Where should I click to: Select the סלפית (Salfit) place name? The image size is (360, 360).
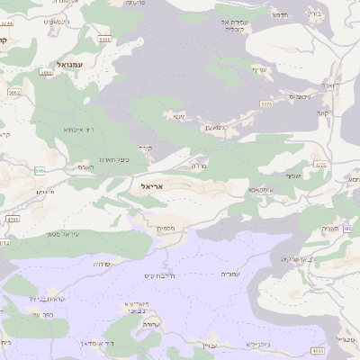click(165, 228)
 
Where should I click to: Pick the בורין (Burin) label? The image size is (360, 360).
click(338, 14)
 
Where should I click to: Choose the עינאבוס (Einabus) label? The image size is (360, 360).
click(301, 95)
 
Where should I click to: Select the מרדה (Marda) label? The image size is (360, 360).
click(200, 166)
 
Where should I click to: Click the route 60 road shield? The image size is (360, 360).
click(346, 229)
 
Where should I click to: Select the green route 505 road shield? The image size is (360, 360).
click(40, 170)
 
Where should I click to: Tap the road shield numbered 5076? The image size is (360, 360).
click(266, 104)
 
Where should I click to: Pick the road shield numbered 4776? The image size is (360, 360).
click(320, 165)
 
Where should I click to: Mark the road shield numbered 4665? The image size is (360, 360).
click(318, 350)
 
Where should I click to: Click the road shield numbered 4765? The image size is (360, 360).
click(12, 219)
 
